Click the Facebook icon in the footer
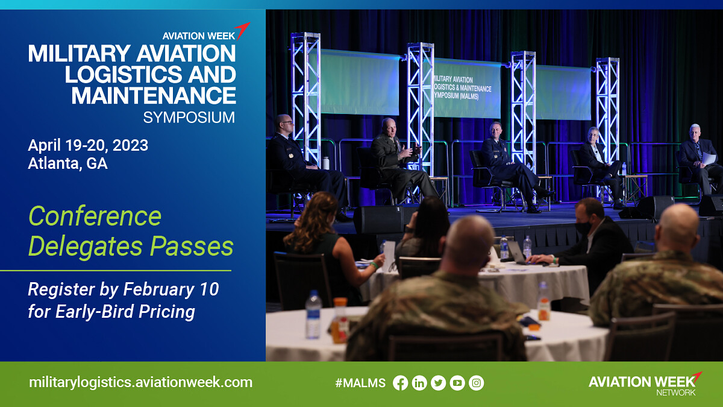tap(400, 383)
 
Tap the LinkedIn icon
tap(419, 383)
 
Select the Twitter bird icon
tap(439, 383)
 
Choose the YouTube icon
tap(457, 383)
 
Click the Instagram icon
tap(477, 383)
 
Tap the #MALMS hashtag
tap(360, 383)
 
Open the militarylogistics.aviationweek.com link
tap(141, 382)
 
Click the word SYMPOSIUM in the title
tap(189, 118)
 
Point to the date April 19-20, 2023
tap(88, 145)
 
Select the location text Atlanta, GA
tap(67, 163)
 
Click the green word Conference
tap(95, 216)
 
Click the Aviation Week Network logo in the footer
tap(645, 383)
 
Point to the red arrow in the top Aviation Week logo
tap(242, 30)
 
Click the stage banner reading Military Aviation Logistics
tap(466, 88)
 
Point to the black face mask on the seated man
tap(583, 228)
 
